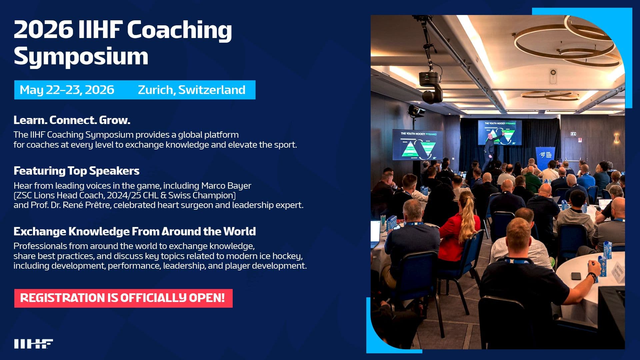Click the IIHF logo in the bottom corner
(33, 344)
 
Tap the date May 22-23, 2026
(67, 90)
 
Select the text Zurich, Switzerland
(192, 90)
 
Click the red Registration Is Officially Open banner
(123, 298)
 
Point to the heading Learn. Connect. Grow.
(72, 120)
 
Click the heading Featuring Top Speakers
(76, 171)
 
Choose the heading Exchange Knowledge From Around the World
(135, 231)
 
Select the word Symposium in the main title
(81, 56)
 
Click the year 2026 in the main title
(43, 30)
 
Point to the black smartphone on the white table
(576, 276)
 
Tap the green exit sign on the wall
(573, 134)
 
